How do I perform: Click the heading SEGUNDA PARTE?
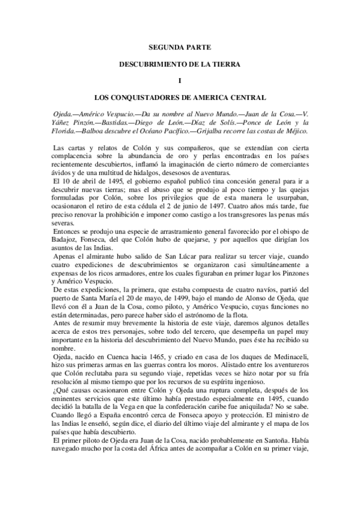click(x=180, y=46)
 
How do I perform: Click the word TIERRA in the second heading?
click(x=223, y=63)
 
